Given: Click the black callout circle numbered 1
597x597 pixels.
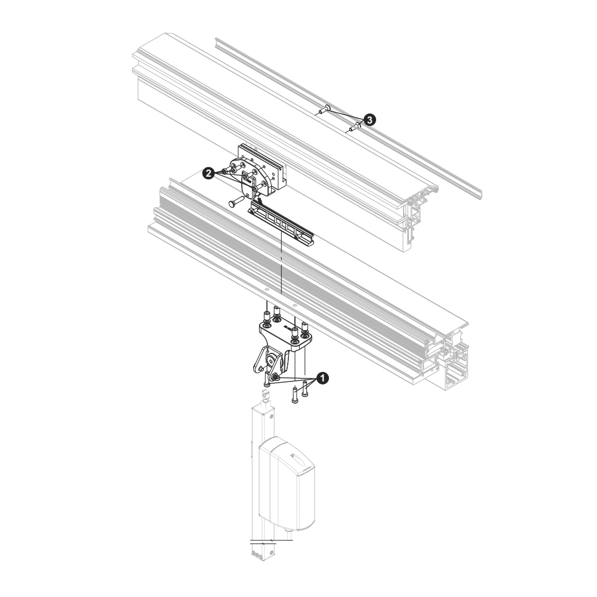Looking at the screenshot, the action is coord(322,378).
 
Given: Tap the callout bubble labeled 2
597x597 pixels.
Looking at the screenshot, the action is coord(208,174).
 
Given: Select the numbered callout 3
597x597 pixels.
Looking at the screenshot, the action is coord(370,119).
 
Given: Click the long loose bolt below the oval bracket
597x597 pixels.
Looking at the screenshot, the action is coord(236,201).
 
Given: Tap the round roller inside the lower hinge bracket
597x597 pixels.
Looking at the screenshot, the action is coord(272,360).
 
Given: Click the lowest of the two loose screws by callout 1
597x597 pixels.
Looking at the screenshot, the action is coord(295,395).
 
